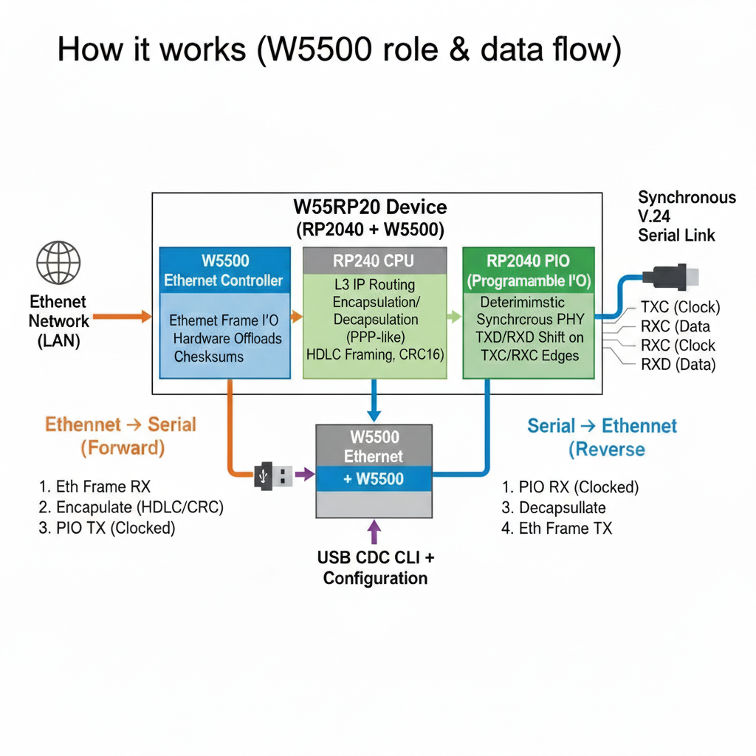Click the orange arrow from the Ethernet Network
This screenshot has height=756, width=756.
tap(122, 316)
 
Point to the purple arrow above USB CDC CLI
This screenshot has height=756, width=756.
tap(374, 532)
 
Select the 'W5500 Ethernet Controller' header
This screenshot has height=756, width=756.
tap(224, 270)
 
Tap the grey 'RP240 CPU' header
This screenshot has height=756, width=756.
tap(374, 260)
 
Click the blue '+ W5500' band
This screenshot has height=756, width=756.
tap(374, 479)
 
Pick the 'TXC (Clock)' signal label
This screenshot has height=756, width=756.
tap(680, 308)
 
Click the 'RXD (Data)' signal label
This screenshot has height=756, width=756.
tap(678, 364)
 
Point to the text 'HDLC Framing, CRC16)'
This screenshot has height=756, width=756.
tap(375, 354)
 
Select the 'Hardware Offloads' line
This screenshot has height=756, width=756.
tap(227, 338)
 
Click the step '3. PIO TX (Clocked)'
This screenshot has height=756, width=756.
tap(107, 528)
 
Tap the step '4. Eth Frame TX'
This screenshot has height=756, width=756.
tap(557, 528)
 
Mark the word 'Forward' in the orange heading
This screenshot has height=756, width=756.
tap(123, 447)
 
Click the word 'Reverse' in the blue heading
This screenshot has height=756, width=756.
tap(606, 449)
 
